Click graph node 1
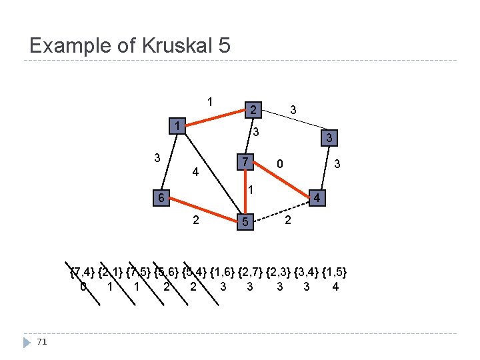pos(177,127)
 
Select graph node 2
pos(252,108)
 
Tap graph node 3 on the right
pos(327,139)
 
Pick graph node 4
pos(318,198)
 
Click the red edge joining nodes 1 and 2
pos(214,117)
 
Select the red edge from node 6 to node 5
pos(202,211)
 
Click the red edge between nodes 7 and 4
pos(281,180)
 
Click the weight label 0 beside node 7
pos(281,163)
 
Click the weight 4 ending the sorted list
pos(335,287)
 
